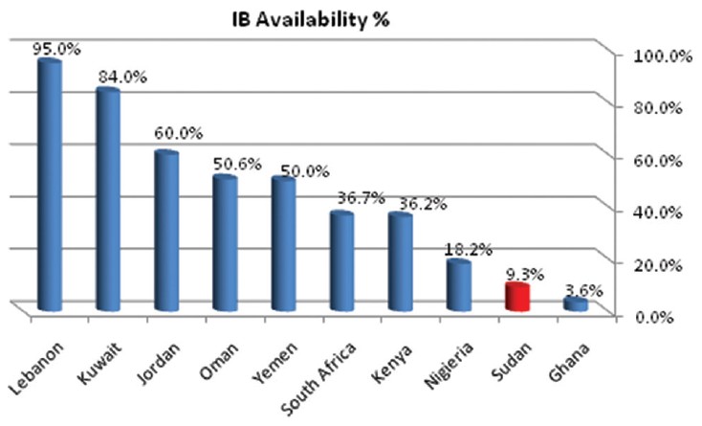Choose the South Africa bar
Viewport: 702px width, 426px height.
tap(342, 261)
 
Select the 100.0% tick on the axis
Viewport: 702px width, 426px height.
tap(662, 56)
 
